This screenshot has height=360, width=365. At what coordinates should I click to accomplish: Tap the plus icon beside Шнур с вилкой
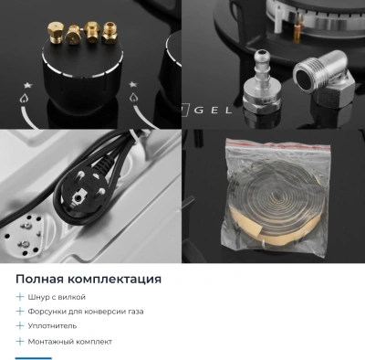[20, 297]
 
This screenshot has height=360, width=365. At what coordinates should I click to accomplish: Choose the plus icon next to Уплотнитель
[20, 325]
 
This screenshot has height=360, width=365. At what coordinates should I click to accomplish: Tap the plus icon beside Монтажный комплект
[20, 341]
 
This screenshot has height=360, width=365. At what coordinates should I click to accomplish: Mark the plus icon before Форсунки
[20, 312]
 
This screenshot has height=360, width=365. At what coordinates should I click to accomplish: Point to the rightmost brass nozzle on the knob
[111, 33]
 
